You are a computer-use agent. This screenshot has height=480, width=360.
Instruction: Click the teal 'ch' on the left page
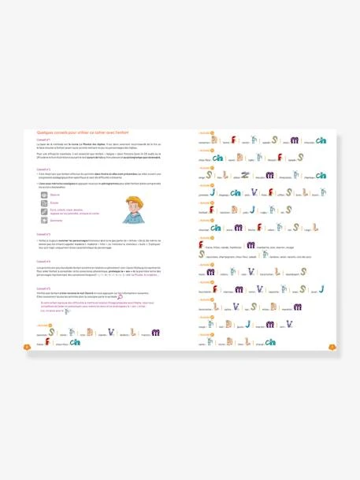(76, 341)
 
